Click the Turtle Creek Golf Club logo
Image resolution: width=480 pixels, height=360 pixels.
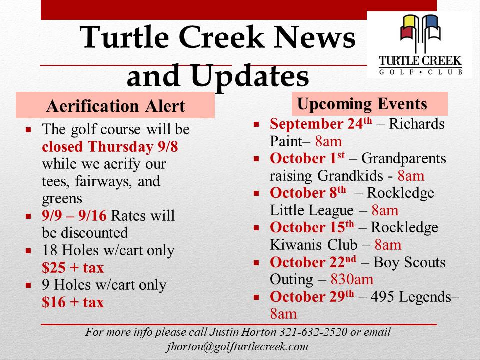pos(420,45)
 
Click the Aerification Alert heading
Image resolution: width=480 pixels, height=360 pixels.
pos(115,106)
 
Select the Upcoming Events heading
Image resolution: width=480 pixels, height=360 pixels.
pos(362,104)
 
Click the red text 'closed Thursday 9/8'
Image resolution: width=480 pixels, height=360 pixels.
pos(110,147)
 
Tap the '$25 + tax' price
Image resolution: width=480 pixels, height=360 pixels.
pos(73,268)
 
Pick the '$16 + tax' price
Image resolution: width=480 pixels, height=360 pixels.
pos(73,302)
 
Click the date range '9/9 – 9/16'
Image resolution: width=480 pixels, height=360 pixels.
pos(74,216)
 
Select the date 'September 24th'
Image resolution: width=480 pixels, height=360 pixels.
pos(321,123)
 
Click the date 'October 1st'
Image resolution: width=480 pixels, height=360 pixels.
pos(307,158)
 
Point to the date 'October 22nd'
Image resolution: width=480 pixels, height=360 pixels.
pos(313,262)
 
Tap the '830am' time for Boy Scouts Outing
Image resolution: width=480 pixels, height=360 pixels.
pos(352,279)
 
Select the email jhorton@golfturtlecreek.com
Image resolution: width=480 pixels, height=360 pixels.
pos(237,347)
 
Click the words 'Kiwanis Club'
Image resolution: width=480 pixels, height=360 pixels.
pos(314,245)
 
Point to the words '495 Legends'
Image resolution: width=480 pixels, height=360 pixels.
pos(411,297)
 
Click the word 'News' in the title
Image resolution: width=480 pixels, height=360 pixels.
pos(314,37)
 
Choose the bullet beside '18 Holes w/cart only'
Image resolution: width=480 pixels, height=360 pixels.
pos(29,251)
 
